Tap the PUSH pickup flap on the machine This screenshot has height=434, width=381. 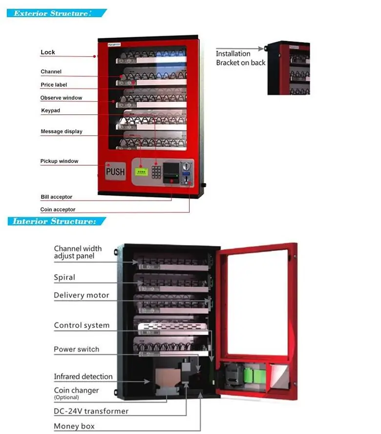click(116, 172)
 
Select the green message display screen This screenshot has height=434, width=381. click(142, 172)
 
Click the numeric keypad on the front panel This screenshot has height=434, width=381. click(156, 171)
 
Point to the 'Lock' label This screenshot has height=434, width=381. click(48, 52)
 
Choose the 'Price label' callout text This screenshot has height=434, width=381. click(54, 85)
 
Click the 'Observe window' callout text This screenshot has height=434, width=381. click(61, 98)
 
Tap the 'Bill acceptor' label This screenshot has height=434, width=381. click(56, 197)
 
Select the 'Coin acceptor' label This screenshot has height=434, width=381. click(58, 209)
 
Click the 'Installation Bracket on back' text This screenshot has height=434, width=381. click(241, 58)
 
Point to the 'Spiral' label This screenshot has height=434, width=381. click(64, 277)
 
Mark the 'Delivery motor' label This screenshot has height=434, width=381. click(82, 296)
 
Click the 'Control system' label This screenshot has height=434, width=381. click(82, 325)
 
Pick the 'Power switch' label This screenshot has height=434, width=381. click(77, 349)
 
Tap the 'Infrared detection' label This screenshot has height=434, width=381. click(83, 377)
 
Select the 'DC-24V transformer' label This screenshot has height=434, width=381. click(91, 411)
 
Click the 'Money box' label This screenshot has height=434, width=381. click(74, 426)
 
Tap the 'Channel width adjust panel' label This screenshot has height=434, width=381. click(78, 252)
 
